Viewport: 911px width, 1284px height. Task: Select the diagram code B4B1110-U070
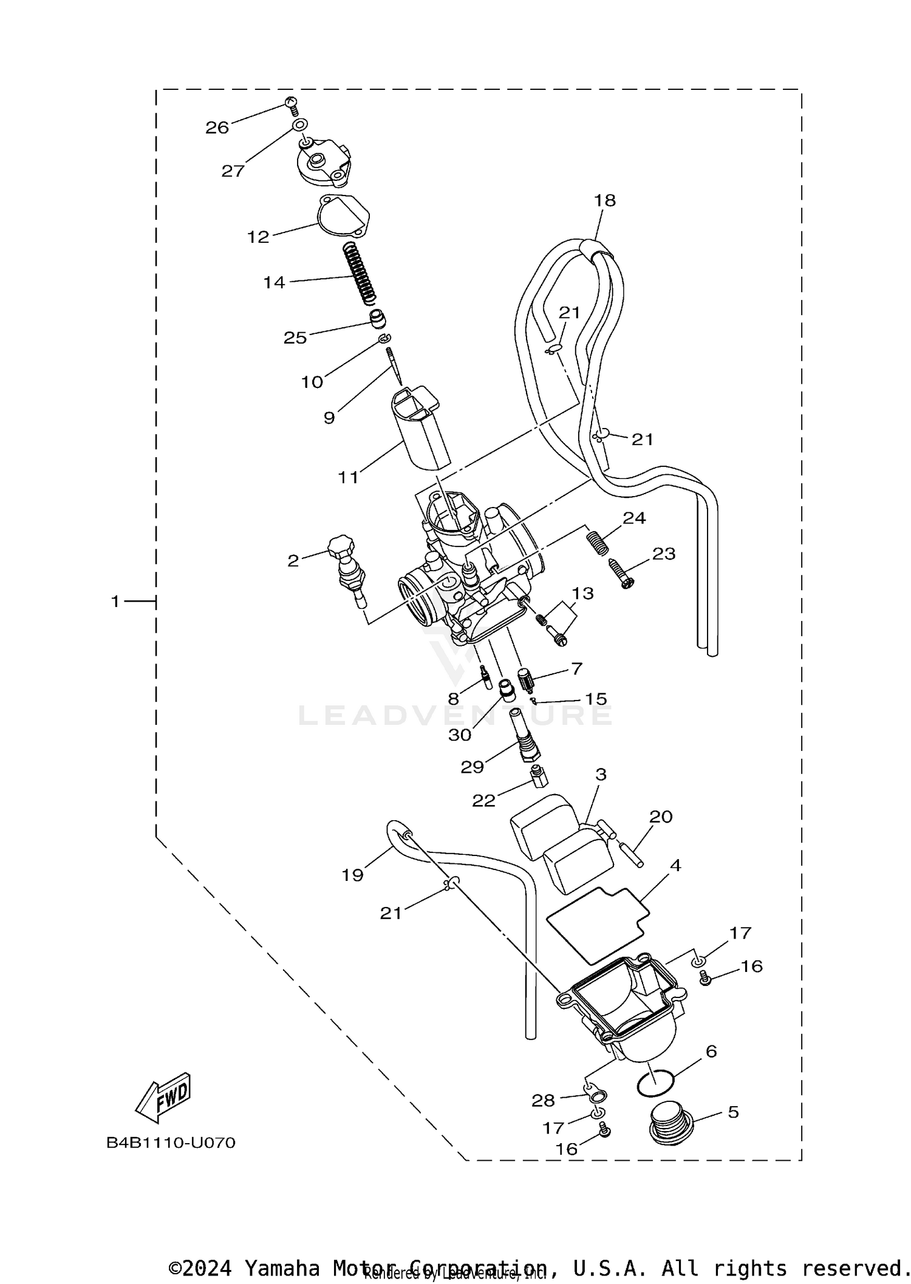tap(171, 1143)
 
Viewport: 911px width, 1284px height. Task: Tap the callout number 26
tap(217, 127)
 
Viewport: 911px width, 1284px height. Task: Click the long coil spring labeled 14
tap(360, 273)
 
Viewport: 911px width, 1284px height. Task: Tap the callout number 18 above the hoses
tap(605, 200)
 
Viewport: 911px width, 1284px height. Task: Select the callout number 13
tap(582, 593)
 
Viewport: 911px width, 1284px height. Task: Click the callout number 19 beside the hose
tap(352, 875)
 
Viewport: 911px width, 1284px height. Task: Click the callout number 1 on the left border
tap(115, 602)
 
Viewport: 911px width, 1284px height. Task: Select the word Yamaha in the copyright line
tap(282, 1268)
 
